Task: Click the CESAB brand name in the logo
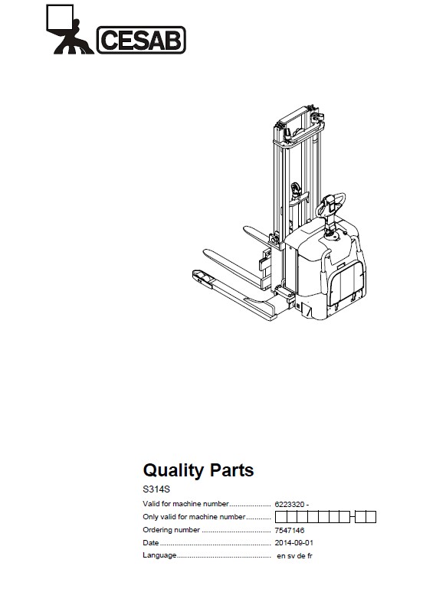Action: coord(141,40)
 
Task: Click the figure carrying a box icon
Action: coord(69,29)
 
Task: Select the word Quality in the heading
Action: coord(174,471)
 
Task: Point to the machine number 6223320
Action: coord(289,505)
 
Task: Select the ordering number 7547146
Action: coord(289,531)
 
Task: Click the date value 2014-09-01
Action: coord(294,543)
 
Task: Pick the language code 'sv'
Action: coord(291,556)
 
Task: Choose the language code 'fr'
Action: coord(310,556)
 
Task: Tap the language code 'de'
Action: coord(301,556)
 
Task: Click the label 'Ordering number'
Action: coord(172,530)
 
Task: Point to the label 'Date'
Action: coord(151,543)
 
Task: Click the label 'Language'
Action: coord(159,555)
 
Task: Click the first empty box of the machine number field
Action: coord(280,517)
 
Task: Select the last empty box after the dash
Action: coord(371,517)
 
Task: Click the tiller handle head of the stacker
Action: coord(330,204)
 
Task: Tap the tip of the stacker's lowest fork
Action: coord(197,275)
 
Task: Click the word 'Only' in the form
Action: coord(150,517)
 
